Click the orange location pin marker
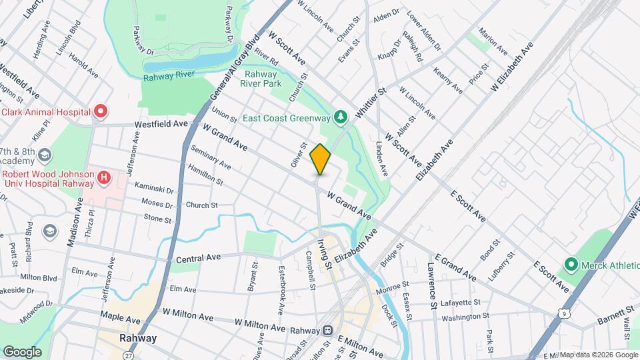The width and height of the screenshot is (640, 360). coord(321,159)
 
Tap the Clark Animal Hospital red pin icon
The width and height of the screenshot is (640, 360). coord(101,111)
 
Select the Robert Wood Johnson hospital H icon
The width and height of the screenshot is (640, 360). coord(103,178)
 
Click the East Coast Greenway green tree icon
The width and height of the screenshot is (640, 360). coord(341,118)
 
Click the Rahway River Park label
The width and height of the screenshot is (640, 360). coord(263,79)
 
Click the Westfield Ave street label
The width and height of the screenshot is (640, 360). coord(161,124)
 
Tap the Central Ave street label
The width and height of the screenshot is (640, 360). coord(198,258)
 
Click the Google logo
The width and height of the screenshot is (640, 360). coord(22,351)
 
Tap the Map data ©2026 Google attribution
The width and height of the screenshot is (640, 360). coord(598,355)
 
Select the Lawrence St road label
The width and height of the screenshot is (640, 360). coord(432,286)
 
